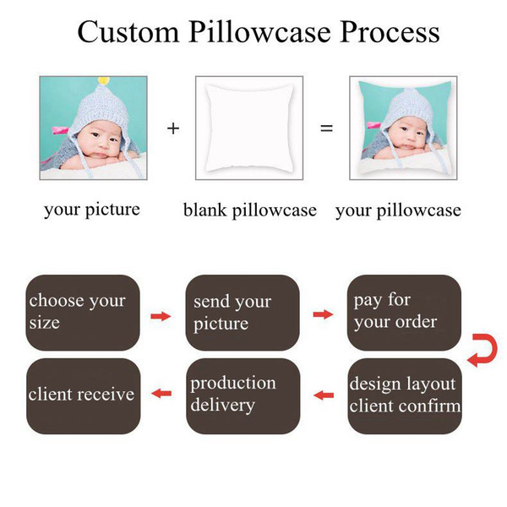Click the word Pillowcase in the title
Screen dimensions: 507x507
click(259, 32)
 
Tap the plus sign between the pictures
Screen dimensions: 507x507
click(173, 128)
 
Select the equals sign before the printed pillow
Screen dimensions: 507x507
click(326, 128)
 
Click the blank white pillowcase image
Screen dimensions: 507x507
click(249, 128)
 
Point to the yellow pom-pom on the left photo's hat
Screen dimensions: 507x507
click(103, 80)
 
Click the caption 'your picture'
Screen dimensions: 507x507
click(92, 210)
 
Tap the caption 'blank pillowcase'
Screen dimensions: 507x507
click(250, 210)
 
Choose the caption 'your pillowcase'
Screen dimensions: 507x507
click(398, 210)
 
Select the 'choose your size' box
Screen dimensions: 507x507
click(83, 313)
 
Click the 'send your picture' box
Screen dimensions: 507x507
click(243, 313)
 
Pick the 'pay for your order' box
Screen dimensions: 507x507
click(404, 313)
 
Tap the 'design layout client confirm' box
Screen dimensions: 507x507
click(405, 396)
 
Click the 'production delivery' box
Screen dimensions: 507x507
click(243, 396)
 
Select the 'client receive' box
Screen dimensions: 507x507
click(84, 396)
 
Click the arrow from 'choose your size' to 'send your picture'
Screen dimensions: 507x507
click(161, 316)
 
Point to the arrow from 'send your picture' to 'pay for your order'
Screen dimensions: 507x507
click(323, 314)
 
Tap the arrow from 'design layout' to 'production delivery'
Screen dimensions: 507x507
click(324, 395)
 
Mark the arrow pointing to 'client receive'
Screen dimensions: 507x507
click(161, 394)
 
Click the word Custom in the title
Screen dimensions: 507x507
click(128, 32)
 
